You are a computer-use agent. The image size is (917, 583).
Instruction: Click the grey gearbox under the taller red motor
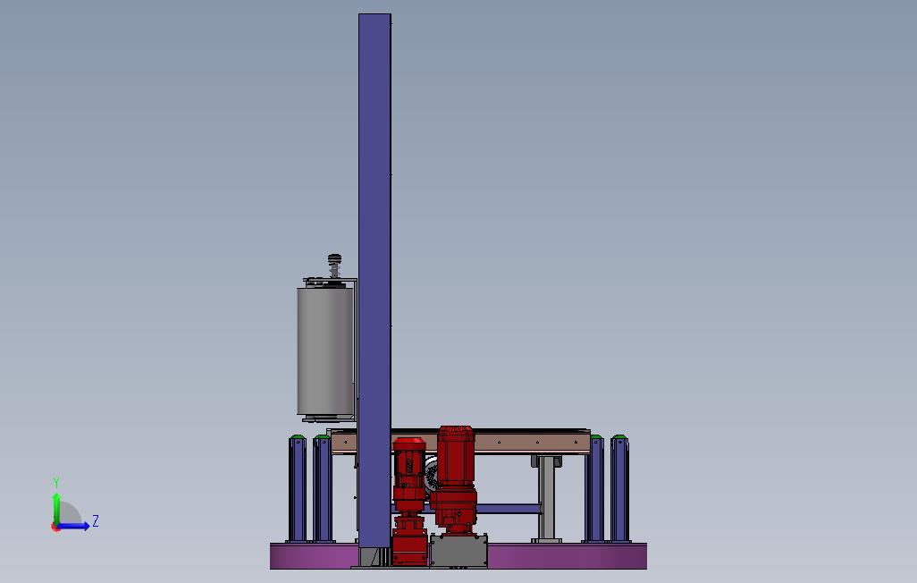click(x=458, y=550)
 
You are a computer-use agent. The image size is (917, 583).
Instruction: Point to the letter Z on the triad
click(x=96, y=521)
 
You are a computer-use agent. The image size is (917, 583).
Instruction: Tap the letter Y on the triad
click(x=56, y=483)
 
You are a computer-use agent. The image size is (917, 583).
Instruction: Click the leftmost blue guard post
click(x=297, y=490)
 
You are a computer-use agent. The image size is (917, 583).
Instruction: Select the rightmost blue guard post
click(x=618, y=490)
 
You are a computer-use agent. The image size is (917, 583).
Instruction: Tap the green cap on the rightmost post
click(x=618, y=437)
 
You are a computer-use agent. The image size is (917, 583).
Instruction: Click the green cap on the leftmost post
click(x=297, y=437)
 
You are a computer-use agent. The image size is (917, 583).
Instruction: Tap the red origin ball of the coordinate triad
click(x=56, y=527)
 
